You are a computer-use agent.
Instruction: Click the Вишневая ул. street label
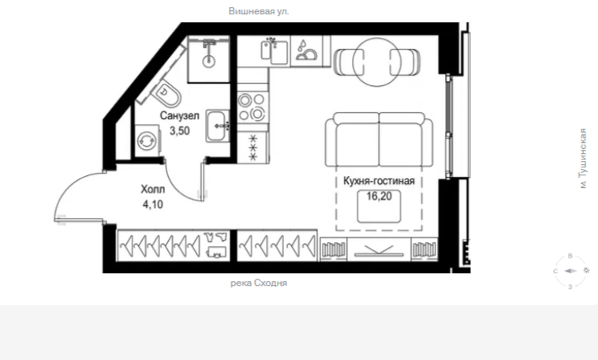point(259,11)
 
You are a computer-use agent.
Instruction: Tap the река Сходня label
point(259,283)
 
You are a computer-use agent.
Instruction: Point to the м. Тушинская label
point(583,158)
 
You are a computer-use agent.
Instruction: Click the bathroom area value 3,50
point(180,131)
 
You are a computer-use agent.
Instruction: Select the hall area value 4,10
point(153,204)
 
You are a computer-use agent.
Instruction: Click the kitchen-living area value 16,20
point(379,197)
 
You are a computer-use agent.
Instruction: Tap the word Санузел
point(179,115)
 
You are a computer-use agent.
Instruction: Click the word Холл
point(153,189)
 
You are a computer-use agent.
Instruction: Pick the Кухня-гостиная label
point(379,181)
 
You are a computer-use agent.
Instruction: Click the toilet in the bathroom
point(167,94)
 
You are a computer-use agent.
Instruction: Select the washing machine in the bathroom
point(147,141)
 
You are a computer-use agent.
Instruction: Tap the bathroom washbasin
point(218,126)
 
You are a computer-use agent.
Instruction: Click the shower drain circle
point(208,61)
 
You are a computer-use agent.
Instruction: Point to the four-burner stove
point(252,107)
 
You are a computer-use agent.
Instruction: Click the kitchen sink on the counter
point(275,51)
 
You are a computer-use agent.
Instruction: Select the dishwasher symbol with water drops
point(306,51)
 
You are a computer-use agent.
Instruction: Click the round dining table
point(377,62)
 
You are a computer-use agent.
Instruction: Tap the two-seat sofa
point(379,140)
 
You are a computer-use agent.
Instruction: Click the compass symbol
point(570,271)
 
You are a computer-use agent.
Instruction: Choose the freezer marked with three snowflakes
point(253,148)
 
